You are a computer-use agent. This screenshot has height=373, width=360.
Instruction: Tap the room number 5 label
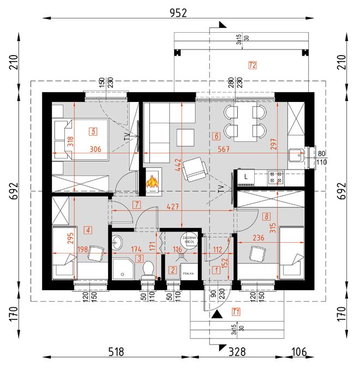click(x=94, y=131)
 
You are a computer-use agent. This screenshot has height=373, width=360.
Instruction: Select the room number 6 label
click(x=217, y=136)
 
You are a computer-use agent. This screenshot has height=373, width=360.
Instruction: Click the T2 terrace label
click(x=252, y=65)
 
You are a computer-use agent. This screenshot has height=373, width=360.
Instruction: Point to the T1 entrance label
click(x=236, y=312)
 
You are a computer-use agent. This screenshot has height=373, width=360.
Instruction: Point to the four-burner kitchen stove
click(x=275, y=177)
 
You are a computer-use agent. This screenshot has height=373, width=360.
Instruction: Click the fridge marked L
click(x=246, y=177)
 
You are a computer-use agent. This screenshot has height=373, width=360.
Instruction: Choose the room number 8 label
click(x=266, y=215)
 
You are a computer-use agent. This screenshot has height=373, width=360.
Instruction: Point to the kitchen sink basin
click(x=298, y=155)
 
